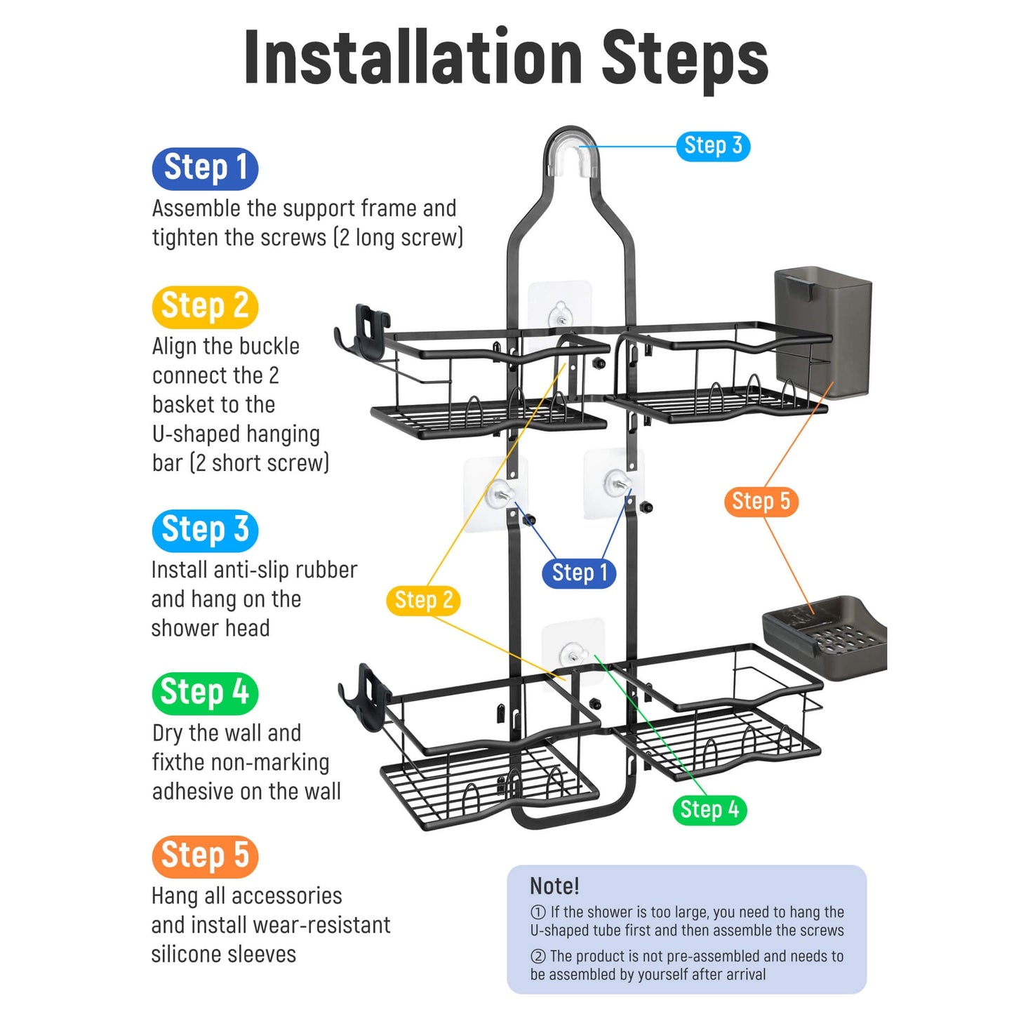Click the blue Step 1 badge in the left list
205,168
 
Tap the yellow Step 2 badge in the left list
205,307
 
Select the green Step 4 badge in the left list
205,693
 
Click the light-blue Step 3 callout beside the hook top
712,146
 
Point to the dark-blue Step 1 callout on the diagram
579,573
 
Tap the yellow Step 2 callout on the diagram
423,601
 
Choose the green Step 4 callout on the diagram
709,809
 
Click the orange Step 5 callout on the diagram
761,502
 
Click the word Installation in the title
413,57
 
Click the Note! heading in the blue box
554,886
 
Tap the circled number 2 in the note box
538,956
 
